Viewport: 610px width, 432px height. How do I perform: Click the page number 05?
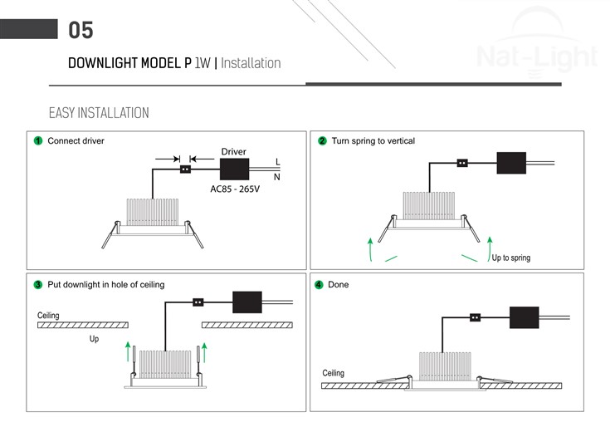(x=81, y=31)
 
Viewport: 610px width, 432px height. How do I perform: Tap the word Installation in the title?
(x=251, y=63)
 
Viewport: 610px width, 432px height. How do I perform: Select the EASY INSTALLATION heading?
(x=99, y=112)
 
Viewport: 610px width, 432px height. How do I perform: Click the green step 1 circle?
(x=38, y=141)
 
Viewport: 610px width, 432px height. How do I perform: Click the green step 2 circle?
(x=322, y=141)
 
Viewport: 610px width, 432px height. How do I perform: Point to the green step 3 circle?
(x=38, y=285)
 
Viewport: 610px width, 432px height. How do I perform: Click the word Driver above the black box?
(x=233, y=152)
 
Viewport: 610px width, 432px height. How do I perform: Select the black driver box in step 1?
(x=235, y=169)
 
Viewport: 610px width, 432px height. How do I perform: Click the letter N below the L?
(x=277, y=176)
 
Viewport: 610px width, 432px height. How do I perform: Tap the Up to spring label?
(x=510, y=258)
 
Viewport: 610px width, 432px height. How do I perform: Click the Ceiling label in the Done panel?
(x=333, y=373)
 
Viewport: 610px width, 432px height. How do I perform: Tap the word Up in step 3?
(x=94, y=340)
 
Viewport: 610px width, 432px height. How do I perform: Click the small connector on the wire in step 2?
(x=463, y=163)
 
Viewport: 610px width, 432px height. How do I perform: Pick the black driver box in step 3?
(x=247, y=302)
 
